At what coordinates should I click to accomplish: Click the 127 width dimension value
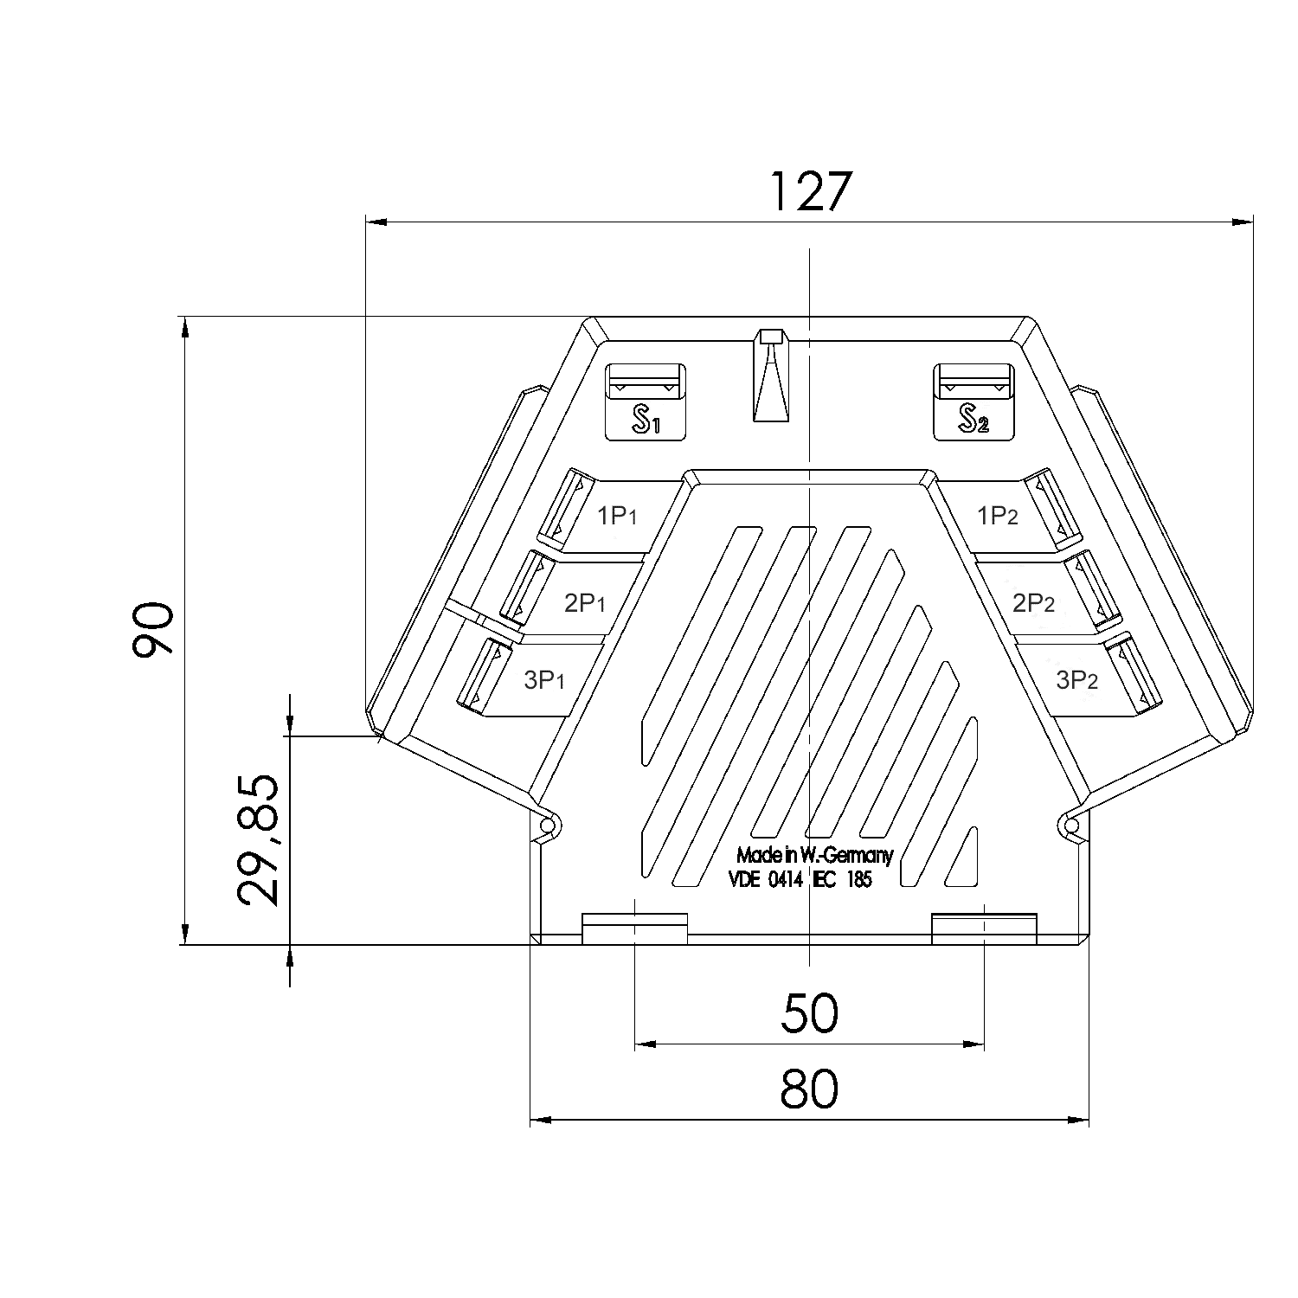[x=810, y=191]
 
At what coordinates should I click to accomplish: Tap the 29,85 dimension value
[x=258, y=839]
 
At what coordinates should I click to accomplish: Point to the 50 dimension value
[x=809, y=1013]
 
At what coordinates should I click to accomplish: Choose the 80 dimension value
[x=809, y=1089]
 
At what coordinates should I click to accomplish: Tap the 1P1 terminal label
[x=617, y=517]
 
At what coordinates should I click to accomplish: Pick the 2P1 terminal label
[x=584, y=603]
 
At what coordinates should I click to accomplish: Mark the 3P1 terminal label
[x=544, y=680]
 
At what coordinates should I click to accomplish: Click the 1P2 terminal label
[x=997, y=517]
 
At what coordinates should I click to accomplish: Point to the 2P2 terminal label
[x=1033, y=603]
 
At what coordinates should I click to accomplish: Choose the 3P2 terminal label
[x=1076, y=680]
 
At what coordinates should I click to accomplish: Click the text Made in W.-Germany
[x=813, y=856]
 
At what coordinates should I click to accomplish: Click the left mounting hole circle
[x=546, y=827]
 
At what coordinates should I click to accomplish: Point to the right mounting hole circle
[x=1071, y=827]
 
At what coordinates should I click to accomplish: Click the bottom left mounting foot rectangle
[x=634, y=929]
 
